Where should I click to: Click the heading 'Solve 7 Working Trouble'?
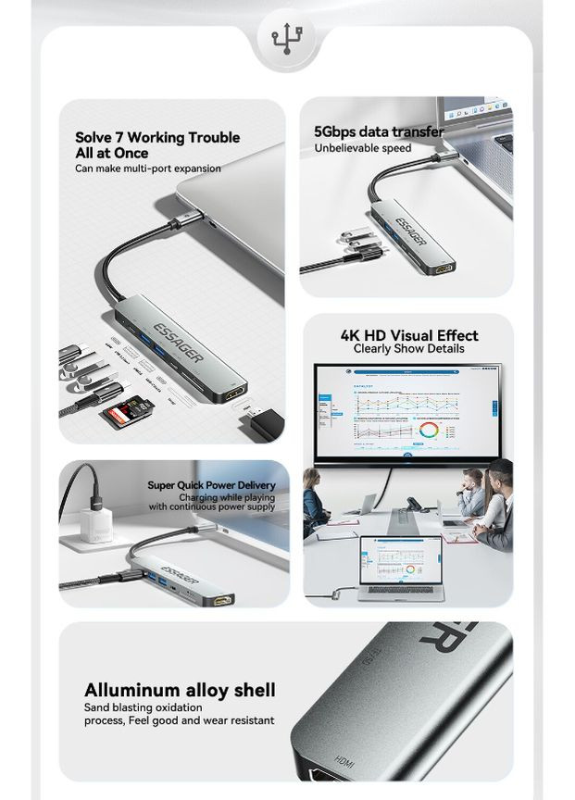click(157, 138)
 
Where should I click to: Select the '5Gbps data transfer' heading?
click(379, 132)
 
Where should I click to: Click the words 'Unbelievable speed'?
click(362, 149)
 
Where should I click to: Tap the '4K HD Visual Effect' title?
click(408, 335)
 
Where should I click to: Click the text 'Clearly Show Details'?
click(408, 349)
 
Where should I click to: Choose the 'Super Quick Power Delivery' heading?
click(211, 485)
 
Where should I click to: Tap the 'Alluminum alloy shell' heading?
click(180, 691)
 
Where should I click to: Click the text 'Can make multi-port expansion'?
click(148, 169)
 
